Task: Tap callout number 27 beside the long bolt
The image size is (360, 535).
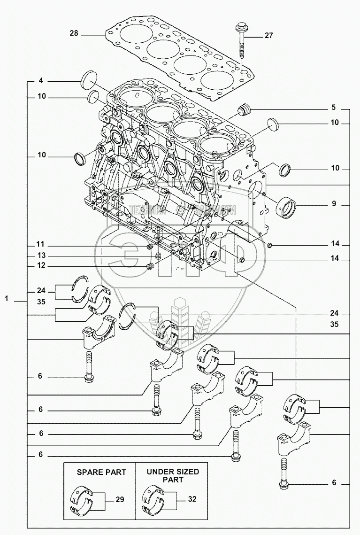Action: click(x=268, y=35)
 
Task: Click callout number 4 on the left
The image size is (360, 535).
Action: click(x=41, y=81)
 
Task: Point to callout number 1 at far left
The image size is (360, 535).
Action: click(x=7, y=298)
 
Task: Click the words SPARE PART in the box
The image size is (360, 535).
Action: click(x=101, y=472)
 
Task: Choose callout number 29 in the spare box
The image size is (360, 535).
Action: click(x=120, y=500)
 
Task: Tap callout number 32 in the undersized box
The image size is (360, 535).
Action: click(x=193, y=500)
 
